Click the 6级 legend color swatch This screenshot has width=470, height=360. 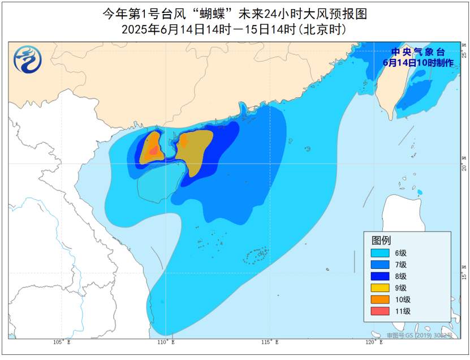(380, 253)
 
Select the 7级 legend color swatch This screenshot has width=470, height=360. (380, 264)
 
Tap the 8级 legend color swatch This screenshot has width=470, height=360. (380, 276)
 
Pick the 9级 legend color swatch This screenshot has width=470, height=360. (380, 288)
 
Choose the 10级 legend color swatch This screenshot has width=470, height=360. (380, 299)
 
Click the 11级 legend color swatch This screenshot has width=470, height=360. (380, 311)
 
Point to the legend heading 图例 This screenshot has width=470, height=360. (381, 240)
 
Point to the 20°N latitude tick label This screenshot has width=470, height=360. (464, 165)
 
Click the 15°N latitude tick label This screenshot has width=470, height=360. (464, 275)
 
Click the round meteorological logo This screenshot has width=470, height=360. (28, 59)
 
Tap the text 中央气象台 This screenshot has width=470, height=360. (418, 52)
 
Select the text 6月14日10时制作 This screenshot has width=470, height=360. (418, 63)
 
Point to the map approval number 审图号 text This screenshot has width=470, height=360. (420, 336)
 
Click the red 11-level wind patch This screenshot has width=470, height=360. (153, 151)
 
